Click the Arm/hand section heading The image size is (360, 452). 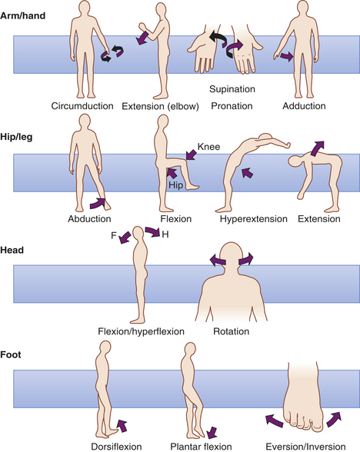(23, 15)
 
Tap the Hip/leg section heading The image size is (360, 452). (16, 137)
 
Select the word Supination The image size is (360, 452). (232, 89)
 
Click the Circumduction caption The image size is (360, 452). (82, 106)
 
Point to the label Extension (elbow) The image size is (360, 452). (160, 106)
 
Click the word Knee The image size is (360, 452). (209, 147)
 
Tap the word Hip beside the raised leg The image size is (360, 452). (176, 184)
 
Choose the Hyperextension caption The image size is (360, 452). (254, 219)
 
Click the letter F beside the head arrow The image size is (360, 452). (114, 235)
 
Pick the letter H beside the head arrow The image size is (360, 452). (165, 234)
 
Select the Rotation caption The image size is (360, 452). (231, 331)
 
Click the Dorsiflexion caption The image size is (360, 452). (116, 447)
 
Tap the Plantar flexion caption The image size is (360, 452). (201, 447)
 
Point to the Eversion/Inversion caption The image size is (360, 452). (305, 447)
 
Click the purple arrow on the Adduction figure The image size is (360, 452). (286, 56)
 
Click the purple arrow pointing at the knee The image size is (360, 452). (191, 155)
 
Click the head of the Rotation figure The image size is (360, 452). (232, 255)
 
